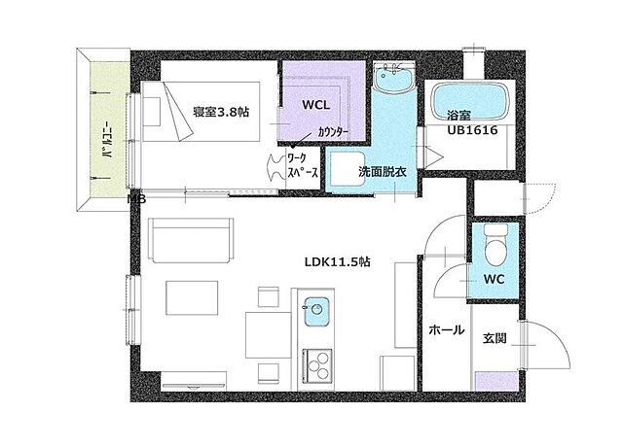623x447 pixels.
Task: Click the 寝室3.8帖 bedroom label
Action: click(220, 112)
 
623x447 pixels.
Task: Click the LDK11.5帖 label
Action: click(335, 261)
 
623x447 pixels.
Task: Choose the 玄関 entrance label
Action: click(495, 338)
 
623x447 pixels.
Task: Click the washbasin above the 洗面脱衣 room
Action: click(396, 83)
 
